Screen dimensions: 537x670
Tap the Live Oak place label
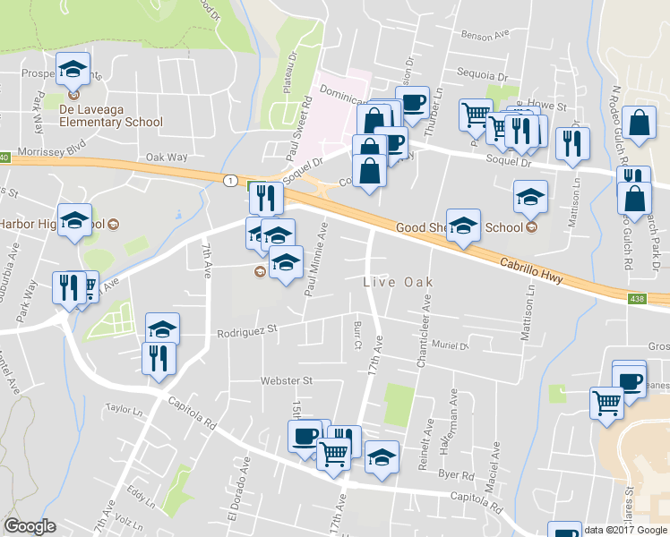pos(398,283)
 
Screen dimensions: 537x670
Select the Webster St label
pos(286,380)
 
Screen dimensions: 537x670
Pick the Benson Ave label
pos(485,36)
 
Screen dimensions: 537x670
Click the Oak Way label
pos(167,158)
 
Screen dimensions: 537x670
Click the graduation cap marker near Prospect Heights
pos(73,67)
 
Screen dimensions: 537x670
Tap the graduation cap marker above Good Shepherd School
pos(531,196)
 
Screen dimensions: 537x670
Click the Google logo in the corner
pos(30,527)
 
